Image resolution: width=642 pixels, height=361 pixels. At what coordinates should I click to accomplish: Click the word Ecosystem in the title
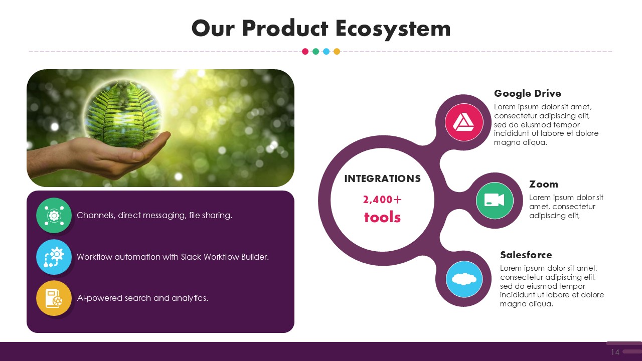click(x=393, y=29)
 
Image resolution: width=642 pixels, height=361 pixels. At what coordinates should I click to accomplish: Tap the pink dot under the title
click(x=305, y=52)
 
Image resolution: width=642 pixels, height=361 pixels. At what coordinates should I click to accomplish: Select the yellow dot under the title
click(x=337, y=52)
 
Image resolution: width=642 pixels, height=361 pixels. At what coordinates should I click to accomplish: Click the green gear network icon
click(x=54, y=216)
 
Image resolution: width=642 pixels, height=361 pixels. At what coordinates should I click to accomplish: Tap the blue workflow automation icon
click(x=54, y=257)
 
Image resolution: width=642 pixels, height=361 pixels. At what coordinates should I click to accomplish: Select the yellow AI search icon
click(x=54, y=298)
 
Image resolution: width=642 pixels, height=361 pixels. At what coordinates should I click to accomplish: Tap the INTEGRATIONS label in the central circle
click(x=382, y=179)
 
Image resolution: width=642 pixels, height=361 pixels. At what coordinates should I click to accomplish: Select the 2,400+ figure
click(x=382, y=200)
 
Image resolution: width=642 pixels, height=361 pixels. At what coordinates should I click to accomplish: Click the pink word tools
click(x=382, y=217)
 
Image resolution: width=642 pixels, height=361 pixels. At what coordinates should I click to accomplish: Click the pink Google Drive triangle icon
click(x=464, y=122)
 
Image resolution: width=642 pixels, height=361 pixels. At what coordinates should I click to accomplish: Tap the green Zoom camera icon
click(x=495, y=201)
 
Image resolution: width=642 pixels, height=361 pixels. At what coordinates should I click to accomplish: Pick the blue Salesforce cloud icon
click(x=464, y=279)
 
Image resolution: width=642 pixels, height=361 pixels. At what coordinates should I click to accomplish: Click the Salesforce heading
click(x=526, y=255)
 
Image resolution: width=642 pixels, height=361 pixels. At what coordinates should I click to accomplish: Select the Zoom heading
click(x=543, y=184)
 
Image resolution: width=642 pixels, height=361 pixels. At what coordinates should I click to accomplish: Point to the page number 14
click(x=615, y=352)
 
